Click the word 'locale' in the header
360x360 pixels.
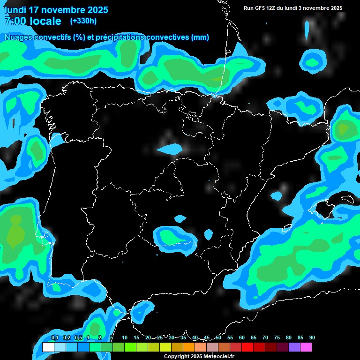pyautogui.click(x=45, y=21)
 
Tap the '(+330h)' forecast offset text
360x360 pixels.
pyautogui.click(x=83, y=21)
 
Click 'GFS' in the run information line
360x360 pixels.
pyautogui.click(x=263, y=8)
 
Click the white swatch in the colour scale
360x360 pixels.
pyautogui.click(x=48, y=347)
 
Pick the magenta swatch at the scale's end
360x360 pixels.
pyautogui.click(x=306, y=347)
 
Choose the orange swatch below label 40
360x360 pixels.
pyautogui.click(x=189, y=347)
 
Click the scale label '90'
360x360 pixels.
pyautogui.click(x=312, y=337)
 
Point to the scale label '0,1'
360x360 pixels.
pyautogui.click(x=54, y=337)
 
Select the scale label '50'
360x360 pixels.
pyautogui.click(x=218, y=337)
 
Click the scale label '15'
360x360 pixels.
pyautogui.click(x=136, y=337)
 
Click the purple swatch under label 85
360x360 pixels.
pyautogui.click(x=294, y=347)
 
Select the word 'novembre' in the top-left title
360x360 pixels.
pyautogui.click(x=64, y=10)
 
